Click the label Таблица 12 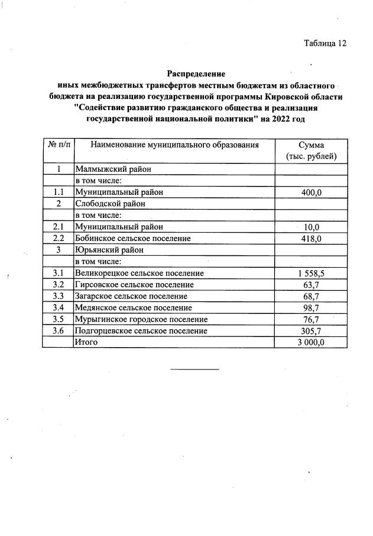325,43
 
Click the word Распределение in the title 196,74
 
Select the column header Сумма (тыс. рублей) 311,151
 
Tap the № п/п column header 57,145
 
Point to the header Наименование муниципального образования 174,145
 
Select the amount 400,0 311,192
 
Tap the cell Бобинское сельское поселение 132,238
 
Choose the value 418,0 311,239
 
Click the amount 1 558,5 311,274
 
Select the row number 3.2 57,285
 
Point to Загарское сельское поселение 131,296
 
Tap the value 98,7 311,308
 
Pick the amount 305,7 311,331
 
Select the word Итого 86,342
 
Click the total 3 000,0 311,342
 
